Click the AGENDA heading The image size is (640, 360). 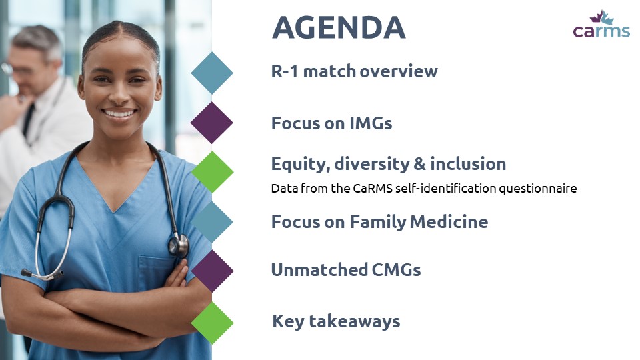[x=339, y=28]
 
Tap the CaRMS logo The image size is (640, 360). [x=601, y=25]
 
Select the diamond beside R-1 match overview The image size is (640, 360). [x=212, y=73]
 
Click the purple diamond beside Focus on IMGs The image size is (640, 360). [x=212, y=123]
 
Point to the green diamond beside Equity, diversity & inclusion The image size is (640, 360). [x=212, y=172]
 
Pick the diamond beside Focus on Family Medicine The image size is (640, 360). [x=212, y=221]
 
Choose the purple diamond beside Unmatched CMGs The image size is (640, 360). [x=212, y=271]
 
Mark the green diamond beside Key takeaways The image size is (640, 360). [x=212, y=323]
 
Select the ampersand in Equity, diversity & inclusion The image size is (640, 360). [x=419, y=164]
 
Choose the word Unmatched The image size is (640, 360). [x=319, y=270]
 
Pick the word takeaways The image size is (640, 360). [x=355, y=321]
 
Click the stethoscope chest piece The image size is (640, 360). [x=179, y=246]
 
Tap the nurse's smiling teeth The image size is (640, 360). [x=119, y=113]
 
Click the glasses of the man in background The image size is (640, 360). [x=16, y=69]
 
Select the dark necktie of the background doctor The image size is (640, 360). [x=28, y=121]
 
